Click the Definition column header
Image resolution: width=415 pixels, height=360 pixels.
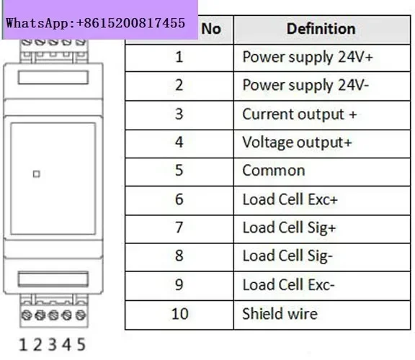(x=321, y=29)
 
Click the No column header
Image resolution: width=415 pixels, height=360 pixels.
(x=211, y=29)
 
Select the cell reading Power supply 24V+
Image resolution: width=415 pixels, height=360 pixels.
(x=308, y=57)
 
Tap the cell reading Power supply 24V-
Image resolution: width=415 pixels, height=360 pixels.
(x=305, y=86)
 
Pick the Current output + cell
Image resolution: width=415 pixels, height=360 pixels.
(x=300, y=114)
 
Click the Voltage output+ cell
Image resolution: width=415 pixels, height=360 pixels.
(x=297, y=143)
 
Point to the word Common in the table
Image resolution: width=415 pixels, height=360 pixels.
(x=274, y=171)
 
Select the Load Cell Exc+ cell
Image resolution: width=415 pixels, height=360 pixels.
(x=290, y=199)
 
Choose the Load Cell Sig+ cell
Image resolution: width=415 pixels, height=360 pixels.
(x=289, y=228)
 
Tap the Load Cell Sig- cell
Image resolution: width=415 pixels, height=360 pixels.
(x=287, y=256)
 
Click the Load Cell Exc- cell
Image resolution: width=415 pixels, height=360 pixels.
(x=288, y=285)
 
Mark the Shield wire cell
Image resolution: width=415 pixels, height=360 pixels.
(x=280, y=314)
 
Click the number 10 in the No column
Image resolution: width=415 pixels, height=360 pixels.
(x=179, y=314)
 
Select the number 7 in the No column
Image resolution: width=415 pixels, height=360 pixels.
(x=179, y=228)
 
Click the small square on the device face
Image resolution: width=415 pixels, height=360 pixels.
(x=37, y=174)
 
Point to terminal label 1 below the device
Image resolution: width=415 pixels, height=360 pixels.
(x=23, y=345)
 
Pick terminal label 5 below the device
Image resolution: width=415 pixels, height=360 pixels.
(x=81, y=345)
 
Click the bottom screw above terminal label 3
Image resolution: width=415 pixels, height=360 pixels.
(x=53, y=315)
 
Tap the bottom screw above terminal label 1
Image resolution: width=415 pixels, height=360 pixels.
(x=27, y=315)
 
